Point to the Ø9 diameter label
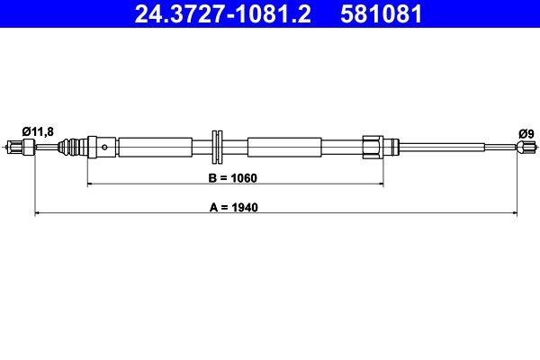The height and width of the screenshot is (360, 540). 526,133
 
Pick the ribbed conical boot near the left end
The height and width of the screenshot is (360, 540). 85,146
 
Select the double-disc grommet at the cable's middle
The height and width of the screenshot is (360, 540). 218,146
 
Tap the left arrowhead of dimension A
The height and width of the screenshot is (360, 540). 38,213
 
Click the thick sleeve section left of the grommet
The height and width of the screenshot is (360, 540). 155,146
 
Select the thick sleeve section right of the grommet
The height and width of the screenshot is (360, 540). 283,146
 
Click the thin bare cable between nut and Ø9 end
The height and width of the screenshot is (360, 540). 450,146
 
